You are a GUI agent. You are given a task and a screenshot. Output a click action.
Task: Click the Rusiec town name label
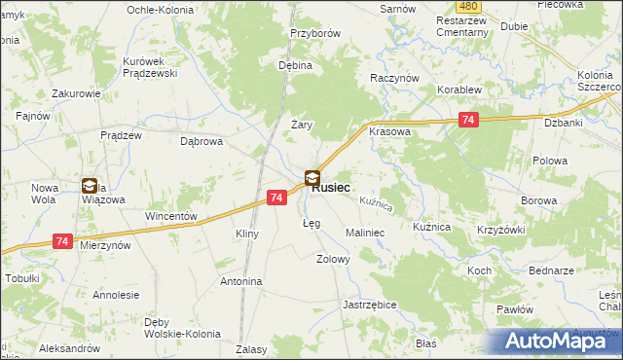332,188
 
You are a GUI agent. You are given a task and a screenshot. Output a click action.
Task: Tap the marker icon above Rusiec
312,178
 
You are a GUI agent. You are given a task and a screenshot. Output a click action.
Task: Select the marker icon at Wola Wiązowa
90,186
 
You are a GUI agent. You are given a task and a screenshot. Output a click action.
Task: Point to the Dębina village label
295,66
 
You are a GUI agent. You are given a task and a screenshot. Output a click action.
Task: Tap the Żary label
302,124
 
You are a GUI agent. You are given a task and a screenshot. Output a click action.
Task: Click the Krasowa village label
389,131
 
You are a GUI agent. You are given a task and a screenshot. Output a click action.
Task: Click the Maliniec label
366,234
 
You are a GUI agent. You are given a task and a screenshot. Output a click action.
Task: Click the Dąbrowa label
202,140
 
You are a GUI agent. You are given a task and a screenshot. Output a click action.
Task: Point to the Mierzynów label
105,247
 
